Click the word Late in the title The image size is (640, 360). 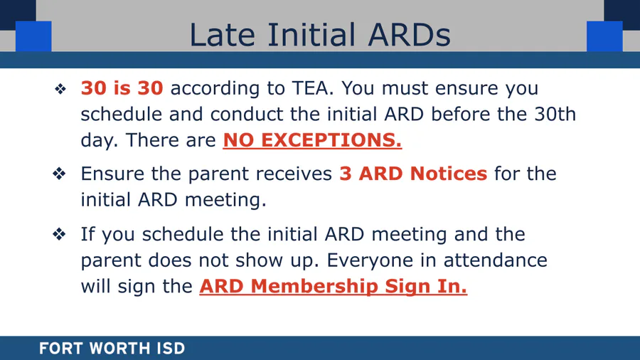coord(223,35)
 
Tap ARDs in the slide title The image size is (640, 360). coord(410,35)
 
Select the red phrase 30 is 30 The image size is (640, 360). coord(122,88)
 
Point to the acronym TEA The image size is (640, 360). coord(311,88)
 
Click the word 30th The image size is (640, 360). coord(555,114)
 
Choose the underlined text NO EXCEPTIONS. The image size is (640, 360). coord(312,140)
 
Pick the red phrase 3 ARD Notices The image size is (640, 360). coord(413,174)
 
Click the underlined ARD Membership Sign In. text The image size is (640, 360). coord(333,286)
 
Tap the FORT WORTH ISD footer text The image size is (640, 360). coord(112,349)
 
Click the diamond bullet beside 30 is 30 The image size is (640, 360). coord(60,88)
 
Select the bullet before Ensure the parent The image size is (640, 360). coord(59,174)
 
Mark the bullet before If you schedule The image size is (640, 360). coord(59,234)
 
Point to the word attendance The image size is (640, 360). coord(496,260)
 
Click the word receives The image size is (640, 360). coord(294,174)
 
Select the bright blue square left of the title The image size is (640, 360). coord(33,36)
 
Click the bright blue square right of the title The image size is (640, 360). coord(604,36)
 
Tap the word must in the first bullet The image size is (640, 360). coord(405,88)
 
